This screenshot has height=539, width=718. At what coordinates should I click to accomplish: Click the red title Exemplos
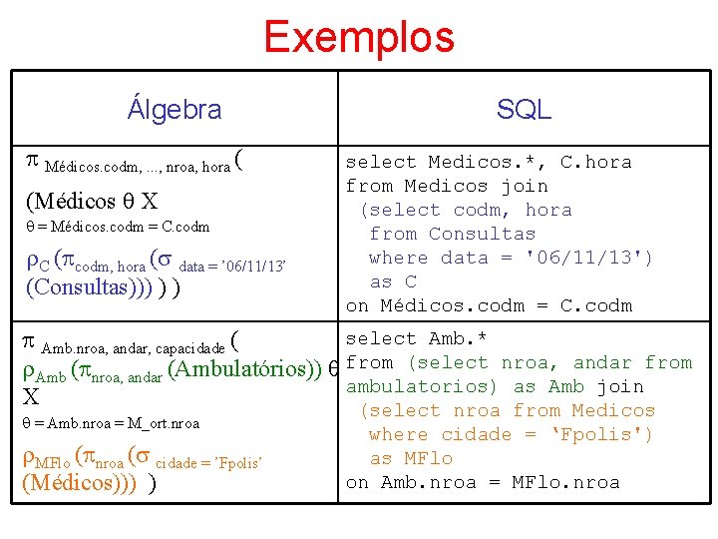[358, 37]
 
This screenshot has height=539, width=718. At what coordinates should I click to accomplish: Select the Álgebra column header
[175, 109]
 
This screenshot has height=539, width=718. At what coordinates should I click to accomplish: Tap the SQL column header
[524, 110]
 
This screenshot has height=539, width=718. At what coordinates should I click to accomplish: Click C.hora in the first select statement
[595, 162]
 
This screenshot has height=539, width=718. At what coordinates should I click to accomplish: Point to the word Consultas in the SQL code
[482, 234]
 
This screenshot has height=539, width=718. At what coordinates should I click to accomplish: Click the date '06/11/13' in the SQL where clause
[590, 258]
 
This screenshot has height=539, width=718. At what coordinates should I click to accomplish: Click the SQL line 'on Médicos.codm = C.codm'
[489, 305]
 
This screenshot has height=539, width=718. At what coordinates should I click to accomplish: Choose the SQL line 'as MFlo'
[411, 458]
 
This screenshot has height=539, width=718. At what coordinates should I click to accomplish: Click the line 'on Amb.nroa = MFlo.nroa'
[483, 482]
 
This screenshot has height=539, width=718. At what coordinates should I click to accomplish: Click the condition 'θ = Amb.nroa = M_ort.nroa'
[111, 423]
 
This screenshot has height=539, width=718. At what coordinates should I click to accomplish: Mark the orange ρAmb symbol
[43, 371]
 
